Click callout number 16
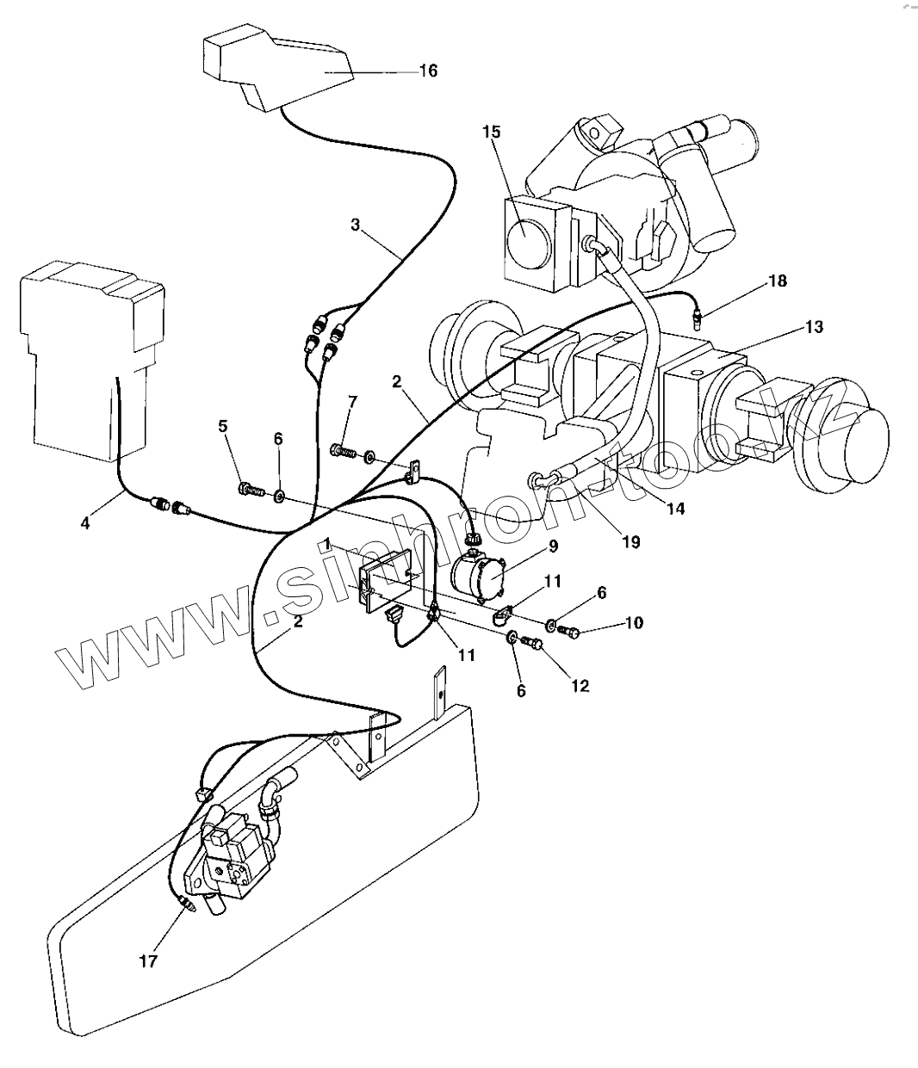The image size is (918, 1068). [x=427, y=71]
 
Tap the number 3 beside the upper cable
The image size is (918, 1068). [x=355, y=225]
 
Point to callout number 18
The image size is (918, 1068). [x=777, y=281]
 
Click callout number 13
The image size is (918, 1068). [x=814, y=326]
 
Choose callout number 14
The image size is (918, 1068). [x=675, y=508]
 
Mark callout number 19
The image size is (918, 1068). [x=630, y=542]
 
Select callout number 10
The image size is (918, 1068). [x=633, y=622]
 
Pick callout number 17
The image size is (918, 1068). [x=149, y=960]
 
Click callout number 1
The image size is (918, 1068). [x=328, y=544]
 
